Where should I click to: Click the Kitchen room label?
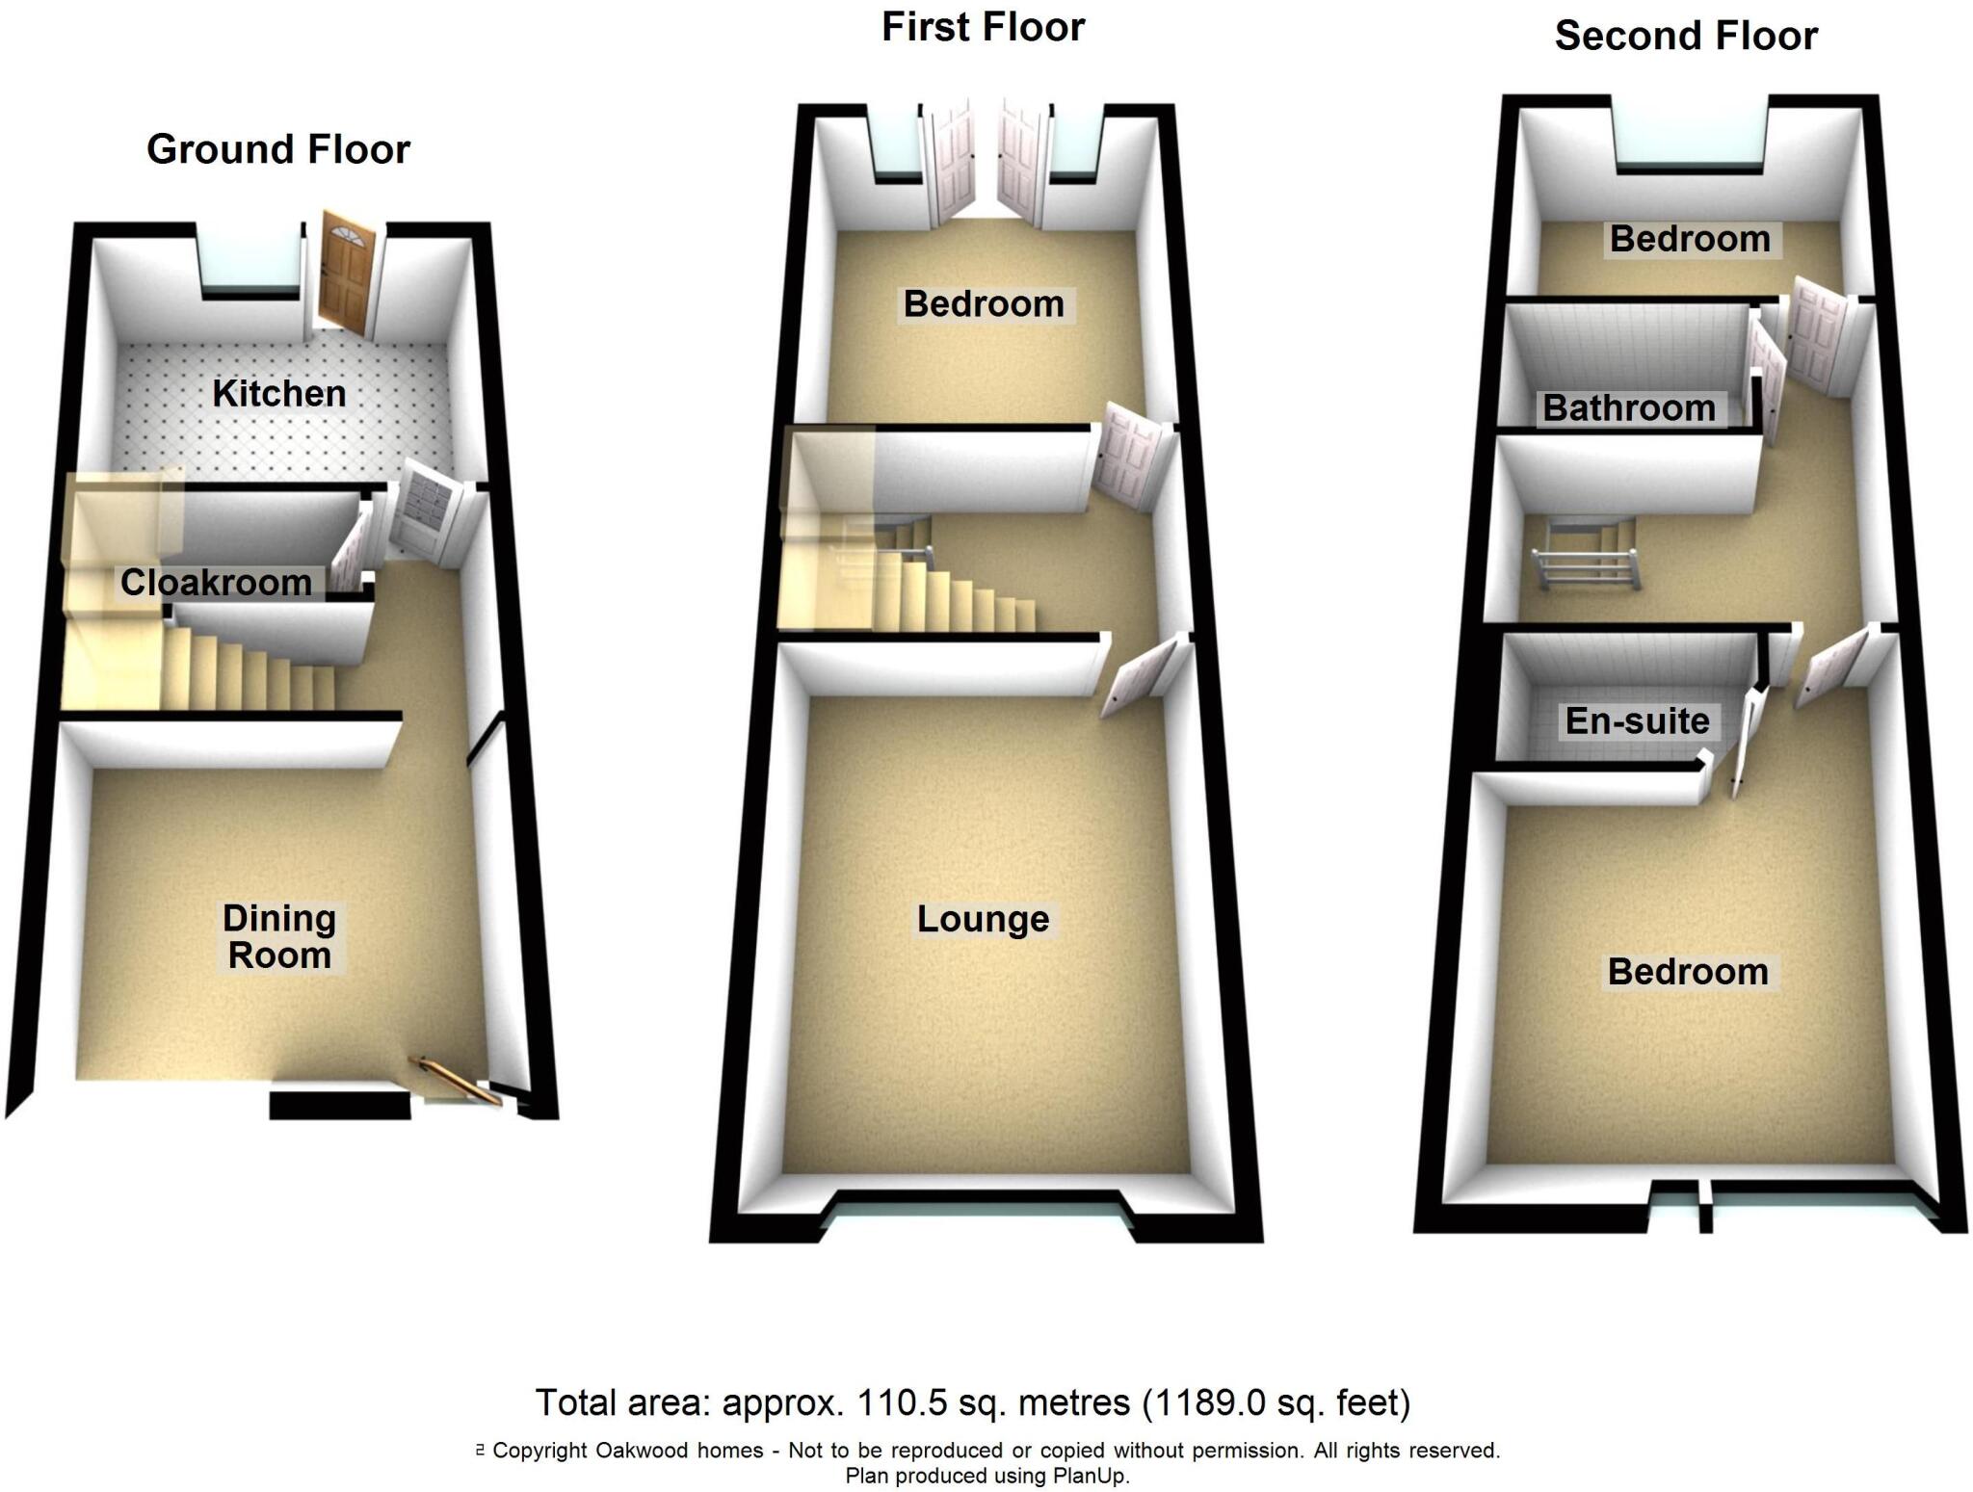coord(278,393)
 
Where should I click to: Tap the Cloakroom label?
coord(216,582)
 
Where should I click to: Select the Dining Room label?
coord(279,936)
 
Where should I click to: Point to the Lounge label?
coord(983,919)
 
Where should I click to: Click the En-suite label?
coord(1637,720)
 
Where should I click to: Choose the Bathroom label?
coord(1629,407)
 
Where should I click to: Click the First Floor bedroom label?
coord(984,303)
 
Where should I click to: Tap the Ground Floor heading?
coord(278,149)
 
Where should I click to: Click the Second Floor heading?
coord(1686,36)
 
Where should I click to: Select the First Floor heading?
coord(983,27)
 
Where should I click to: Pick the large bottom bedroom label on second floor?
coord(1688,971)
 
